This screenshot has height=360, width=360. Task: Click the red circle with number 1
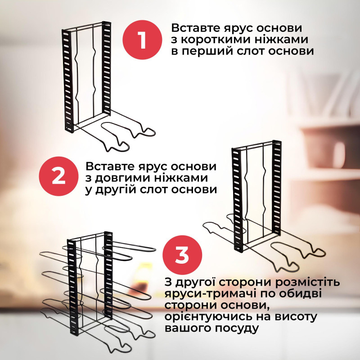(x=142, y=40)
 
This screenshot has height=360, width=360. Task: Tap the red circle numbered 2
(x=59, y=176)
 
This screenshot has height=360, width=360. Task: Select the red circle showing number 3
(x=182, y=255)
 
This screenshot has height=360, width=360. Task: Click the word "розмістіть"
(x=307, y=283)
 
